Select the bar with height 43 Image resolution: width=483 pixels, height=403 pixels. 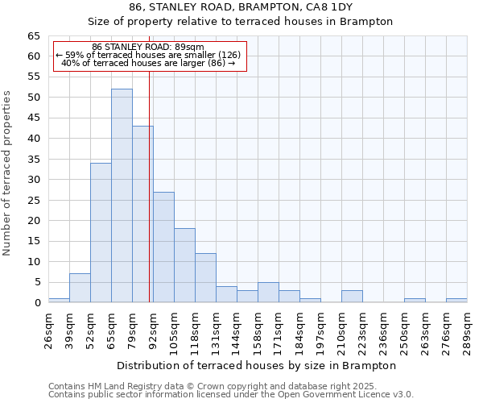(x=142, y=214)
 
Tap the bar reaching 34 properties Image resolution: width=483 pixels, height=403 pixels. (x=101, y=233)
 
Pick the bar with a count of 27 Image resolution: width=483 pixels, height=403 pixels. (x=163, y=247)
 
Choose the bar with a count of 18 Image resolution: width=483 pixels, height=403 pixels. (x=184, y=265)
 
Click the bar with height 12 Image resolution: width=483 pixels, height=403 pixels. (x=205, y=278)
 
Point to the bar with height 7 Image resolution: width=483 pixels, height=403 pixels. (x=80, y=288)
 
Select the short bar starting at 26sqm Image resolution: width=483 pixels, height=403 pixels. (x=59, y=300)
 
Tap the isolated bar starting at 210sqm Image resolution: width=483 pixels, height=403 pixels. (x=352, y=296)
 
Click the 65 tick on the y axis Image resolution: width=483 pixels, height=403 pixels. (x=33, y=36)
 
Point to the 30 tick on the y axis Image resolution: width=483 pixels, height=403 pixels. (x=33, y=180)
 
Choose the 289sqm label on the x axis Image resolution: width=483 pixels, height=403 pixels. (x=468, y=332)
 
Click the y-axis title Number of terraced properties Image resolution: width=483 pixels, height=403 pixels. (x=7, y=172)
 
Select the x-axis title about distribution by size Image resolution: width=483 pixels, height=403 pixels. (x=257, y=365)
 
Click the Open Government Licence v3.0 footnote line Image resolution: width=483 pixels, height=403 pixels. (x=231, y=395)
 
